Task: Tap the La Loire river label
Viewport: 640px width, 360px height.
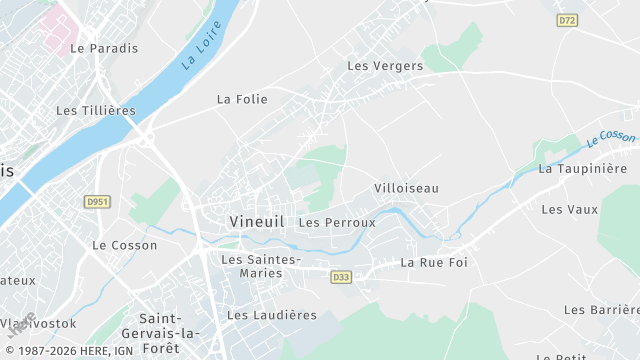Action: tap(201, 49)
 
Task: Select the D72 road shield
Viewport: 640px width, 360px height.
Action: tap(567, 20)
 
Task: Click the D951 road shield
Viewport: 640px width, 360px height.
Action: tap(96, 202)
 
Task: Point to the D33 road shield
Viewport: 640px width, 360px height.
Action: tap(341, 277)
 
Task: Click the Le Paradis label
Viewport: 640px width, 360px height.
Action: tap(102, 48)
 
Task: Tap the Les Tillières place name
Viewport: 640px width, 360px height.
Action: tap(95, 111)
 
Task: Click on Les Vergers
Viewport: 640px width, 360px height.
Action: tap(385, 66)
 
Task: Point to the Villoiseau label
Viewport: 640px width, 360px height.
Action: tap(406, 188)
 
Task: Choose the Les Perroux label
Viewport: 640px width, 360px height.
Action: tap(337, 222)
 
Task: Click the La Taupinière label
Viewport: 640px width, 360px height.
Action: tap(582, 169)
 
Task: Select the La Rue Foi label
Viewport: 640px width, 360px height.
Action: tap(434, 263)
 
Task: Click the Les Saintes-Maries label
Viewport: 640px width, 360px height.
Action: tap(260, 266)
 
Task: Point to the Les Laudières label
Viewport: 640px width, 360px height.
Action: tap(272, 315)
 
